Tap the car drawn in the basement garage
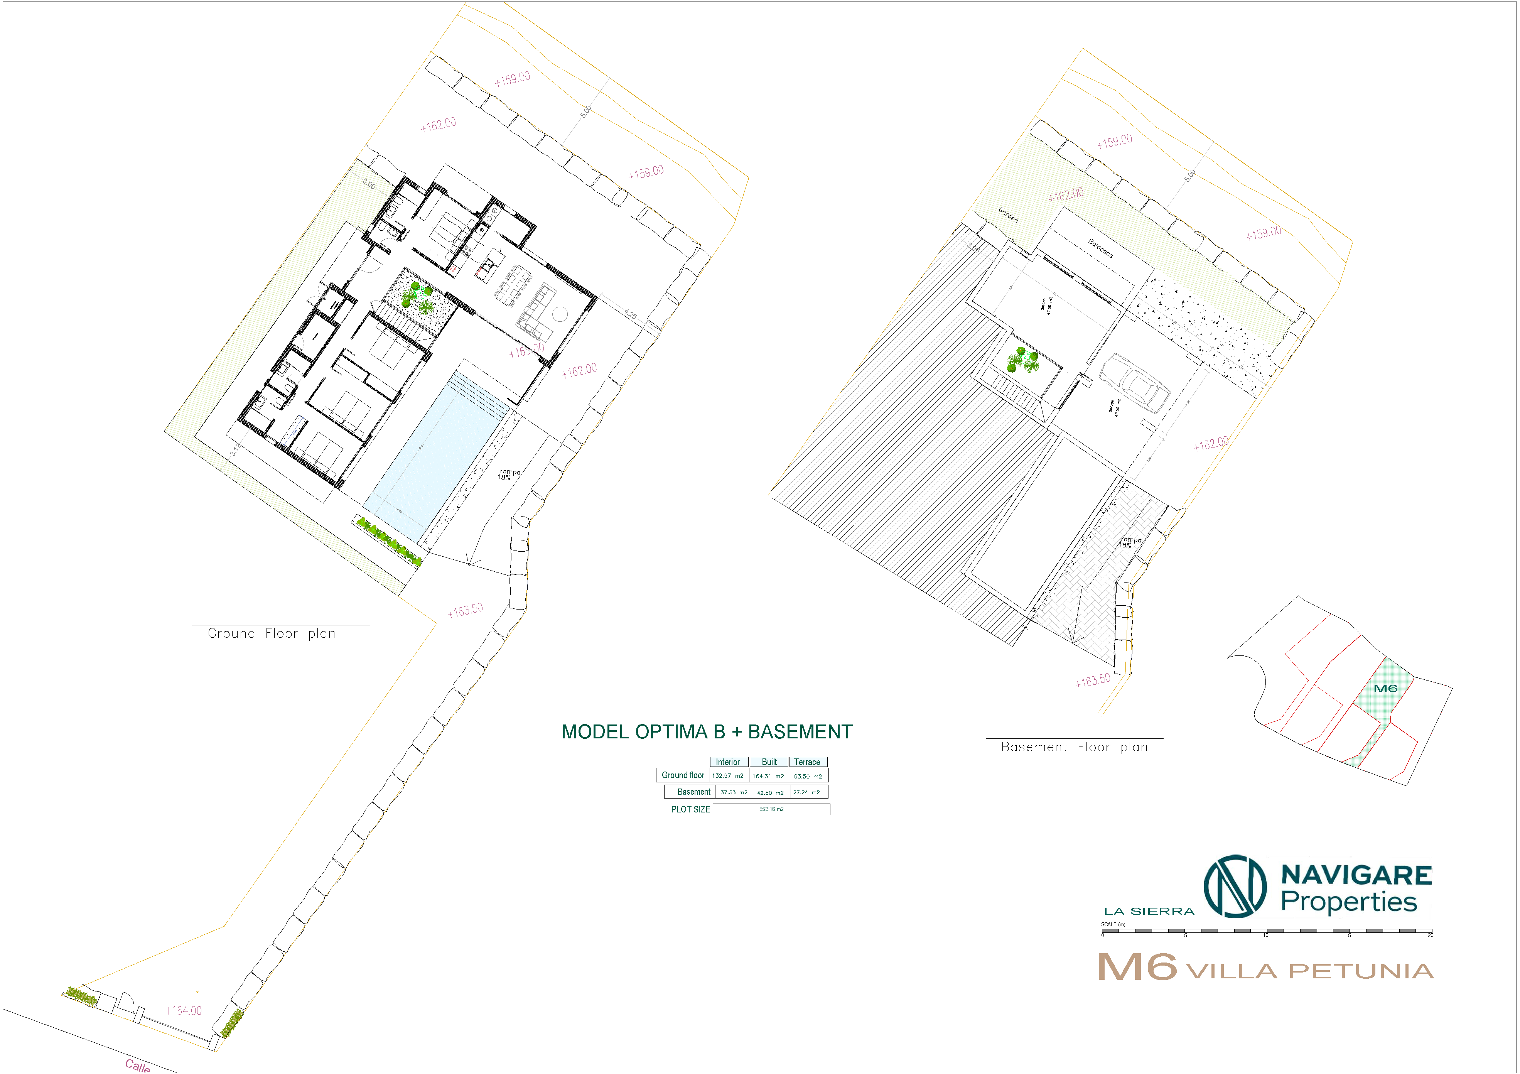pos(1134,383)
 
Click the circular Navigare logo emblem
pos(1235,886)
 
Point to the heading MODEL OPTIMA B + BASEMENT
pos(706,732)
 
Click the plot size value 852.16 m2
pos(771,809)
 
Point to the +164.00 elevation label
pos(183,1010)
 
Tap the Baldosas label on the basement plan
pos(1100,248)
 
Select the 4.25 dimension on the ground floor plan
pos(630,314)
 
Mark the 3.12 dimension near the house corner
pos(236,449)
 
